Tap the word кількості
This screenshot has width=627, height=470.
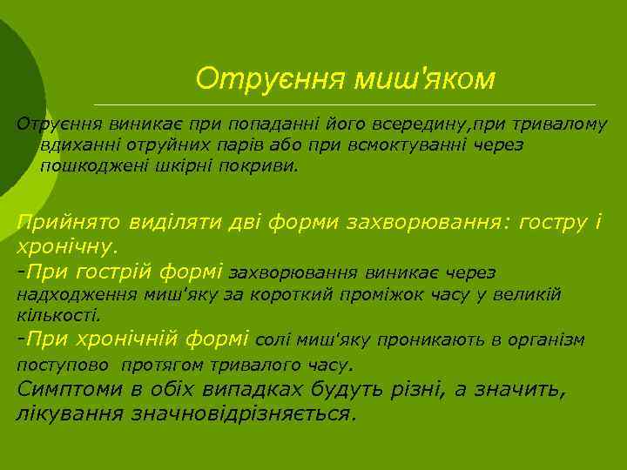tap(59, 315)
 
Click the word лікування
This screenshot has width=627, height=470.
tap(70, 413)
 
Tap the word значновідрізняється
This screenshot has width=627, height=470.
tap(243, 413)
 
